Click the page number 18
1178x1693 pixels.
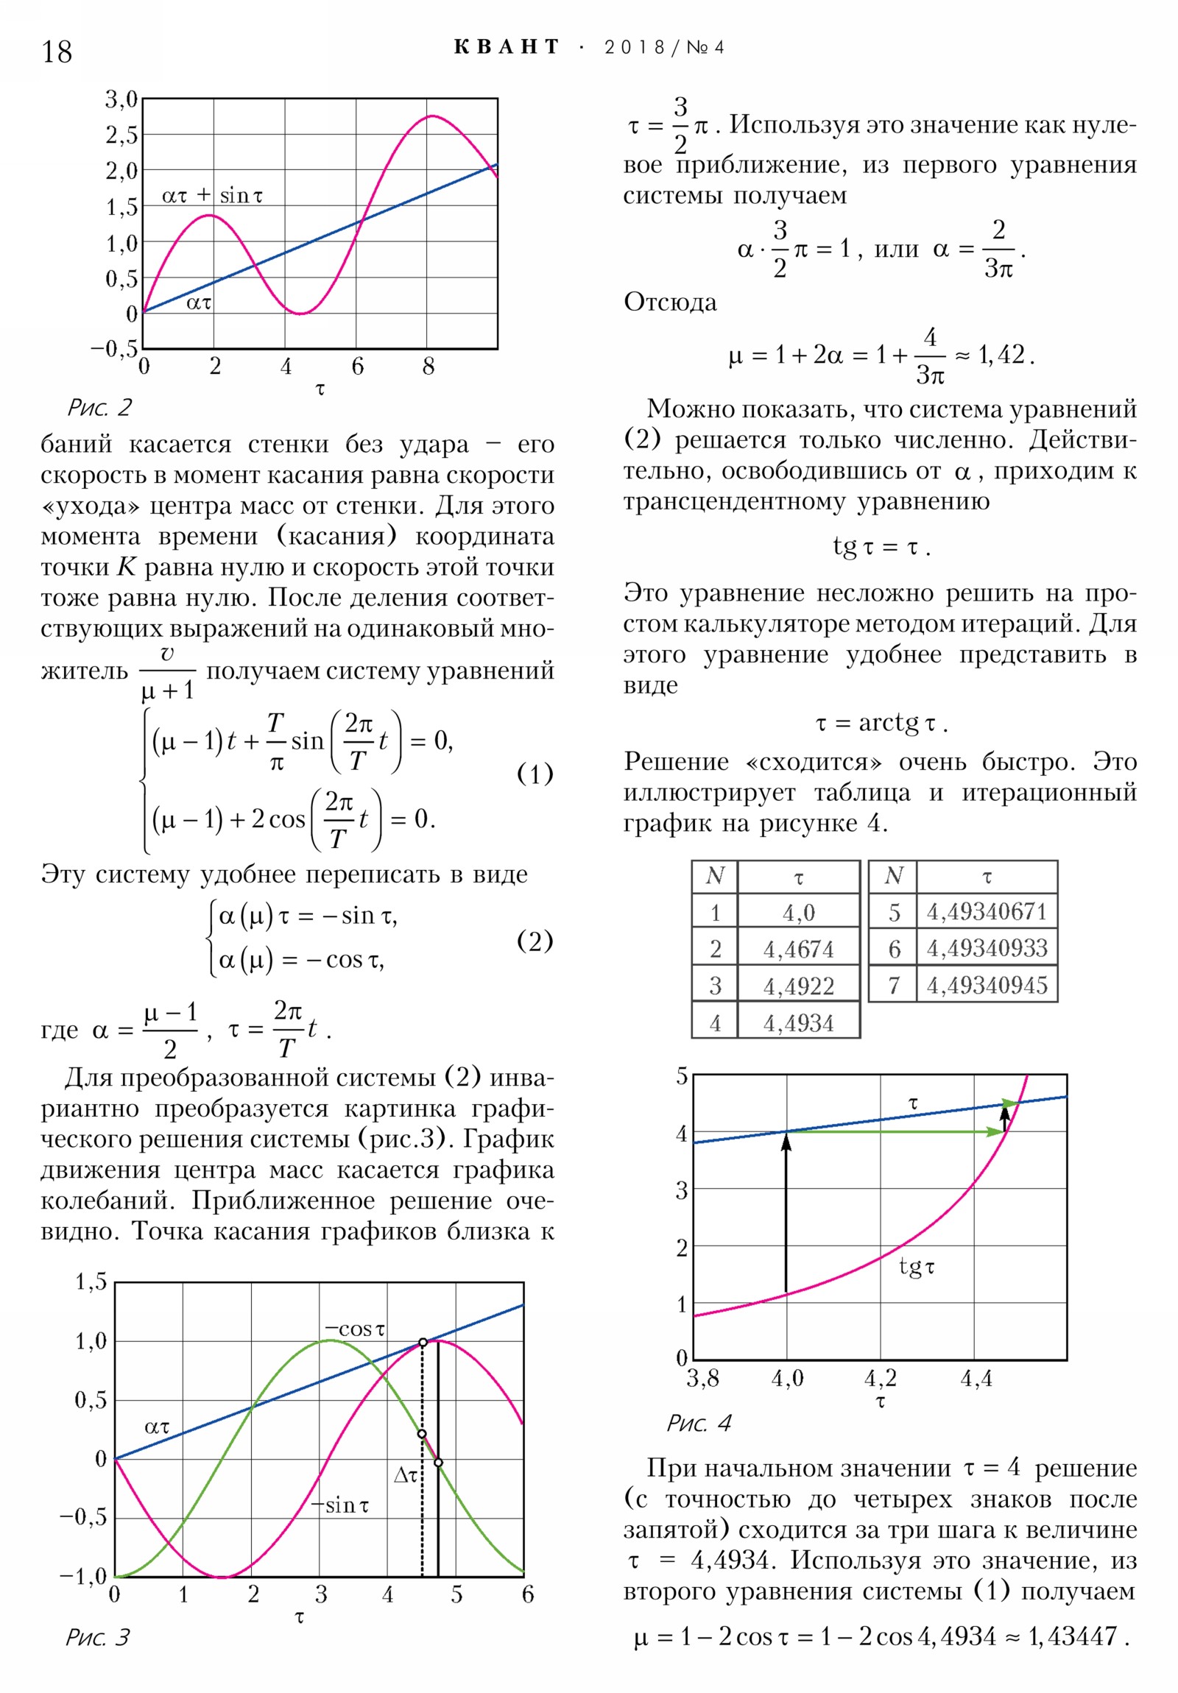(56, 52)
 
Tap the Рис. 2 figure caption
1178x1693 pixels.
(99, 407)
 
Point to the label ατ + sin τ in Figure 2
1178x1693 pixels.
(212, 195)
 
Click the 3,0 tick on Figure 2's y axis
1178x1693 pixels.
(121, 99)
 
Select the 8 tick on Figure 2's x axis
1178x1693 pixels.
(428, 367)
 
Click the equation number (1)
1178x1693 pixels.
(534, 774)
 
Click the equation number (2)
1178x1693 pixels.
(534, 941)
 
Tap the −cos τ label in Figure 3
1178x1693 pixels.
(355, 1329)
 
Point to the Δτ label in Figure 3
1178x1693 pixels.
(406, 1475)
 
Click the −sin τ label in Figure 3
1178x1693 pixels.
(340, 1505)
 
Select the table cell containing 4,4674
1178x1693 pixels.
(798, 949)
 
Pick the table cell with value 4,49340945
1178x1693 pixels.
(987, 985)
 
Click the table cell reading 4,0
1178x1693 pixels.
(798, 913)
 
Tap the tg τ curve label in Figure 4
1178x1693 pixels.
(916, 1267)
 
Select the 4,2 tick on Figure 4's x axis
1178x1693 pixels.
(880, 1378)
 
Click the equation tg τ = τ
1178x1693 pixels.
(881, 547)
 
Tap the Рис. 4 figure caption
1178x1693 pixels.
(699, 1423)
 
